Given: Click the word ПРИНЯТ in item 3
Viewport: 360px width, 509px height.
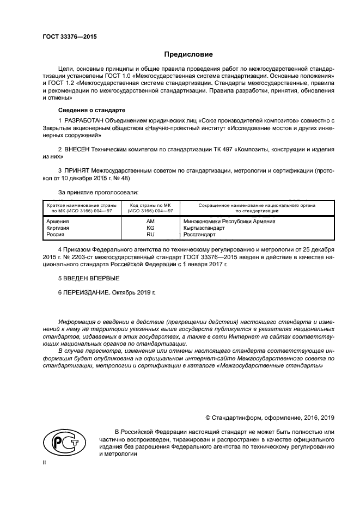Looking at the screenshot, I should point(77,170).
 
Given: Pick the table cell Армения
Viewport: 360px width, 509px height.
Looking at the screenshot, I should point(58,222).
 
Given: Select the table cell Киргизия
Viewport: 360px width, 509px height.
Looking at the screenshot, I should point(59,228).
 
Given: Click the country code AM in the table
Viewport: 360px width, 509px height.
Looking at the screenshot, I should point(150,222).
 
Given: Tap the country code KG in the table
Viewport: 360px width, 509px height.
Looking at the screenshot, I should point(150,228).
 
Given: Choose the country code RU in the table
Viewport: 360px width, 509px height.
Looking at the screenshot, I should point(150,235).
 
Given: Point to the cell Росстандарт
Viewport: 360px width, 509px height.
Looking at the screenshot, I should point(199,235).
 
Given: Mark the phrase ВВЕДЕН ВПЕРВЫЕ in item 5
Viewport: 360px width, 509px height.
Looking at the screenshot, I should point(84,278).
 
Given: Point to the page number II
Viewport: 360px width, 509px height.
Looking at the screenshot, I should point(45,462).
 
